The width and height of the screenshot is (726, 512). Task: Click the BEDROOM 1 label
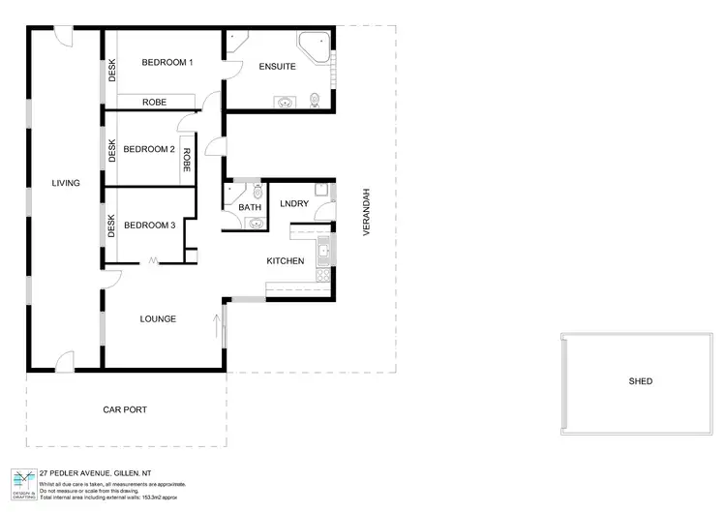[167, 63]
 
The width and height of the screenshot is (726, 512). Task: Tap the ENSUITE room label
[277, 67]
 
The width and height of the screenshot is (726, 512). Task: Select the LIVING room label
[66, 183]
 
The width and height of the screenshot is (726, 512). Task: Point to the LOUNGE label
[157, 318]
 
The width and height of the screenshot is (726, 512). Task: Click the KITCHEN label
[286, 261]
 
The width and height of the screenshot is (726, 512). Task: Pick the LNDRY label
[294, 203]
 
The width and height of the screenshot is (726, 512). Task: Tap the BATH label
[250, 207]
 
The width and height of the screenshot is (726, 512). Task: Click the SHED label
[641, 381]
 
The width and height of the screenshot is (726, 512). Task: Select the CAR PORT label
[125, 410]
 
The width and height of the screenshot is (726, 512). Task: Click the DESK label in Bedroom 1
[112, 70]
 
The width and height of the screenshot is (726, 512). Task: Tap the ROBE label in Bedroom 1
[155, 102]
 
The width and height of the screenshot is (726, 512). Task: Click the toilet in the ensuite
[315, 99]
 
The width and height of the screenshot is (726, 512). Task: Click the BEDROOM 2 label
[149, 149]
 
